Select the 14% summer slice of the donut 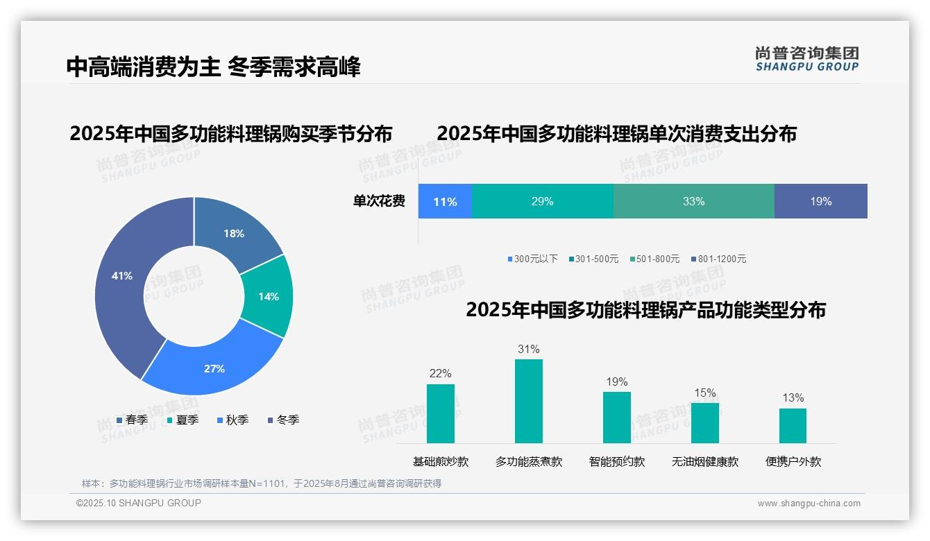point(267,297)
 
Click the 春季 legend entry point(132,420)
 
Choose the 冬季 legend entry point(283,420)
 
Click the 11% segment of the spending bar point(445,202)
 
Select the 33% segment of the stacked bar point(693,202)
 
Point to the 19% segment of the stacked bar point(820,202)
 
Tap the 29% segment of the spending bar point(543,202)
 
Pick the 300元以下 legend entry point(532,259)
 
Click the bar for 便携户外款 point(793,426)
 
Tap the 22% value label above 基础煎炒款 point(441,374)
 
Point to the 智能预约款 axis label point(617,462)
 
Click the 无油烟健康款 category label point(705,462)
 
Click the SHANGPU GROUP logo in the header point(806,59)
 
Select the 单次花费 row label point(379,202)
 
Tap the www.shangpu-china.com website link point(809,504)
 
